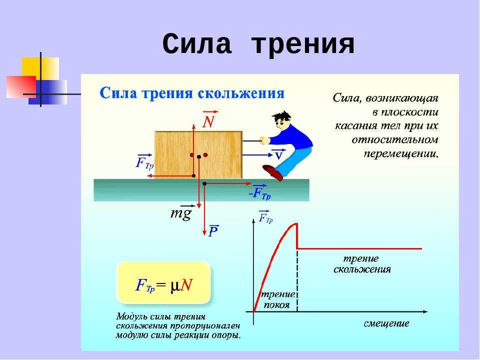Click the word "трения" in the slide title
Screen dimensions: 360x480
(303, 45)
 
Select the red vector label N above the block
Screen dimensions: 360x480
(208, 122)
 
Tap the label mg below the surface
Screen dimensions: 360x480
(180, 213)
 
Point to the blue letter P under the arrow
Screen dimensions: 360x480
(213, 231)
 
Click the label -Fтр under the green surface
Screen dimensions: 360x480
(259, 193)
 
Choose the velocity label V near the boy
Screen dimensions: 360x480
(278, 156)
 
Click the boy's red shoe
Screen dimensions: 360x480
(273, 172)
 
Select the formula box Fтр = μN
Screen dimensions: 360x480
(164, 284)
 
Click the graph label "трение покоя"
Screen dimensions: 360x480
(277, 300)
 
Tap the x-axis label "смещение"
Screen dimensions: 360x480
(386, 323)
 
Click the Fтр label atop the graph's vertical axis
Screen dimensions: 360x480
(265, 218)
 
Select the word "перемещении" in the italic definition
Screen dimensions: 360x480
(400, 152)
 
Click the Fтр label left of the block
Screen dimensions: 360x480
(144, 163)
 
